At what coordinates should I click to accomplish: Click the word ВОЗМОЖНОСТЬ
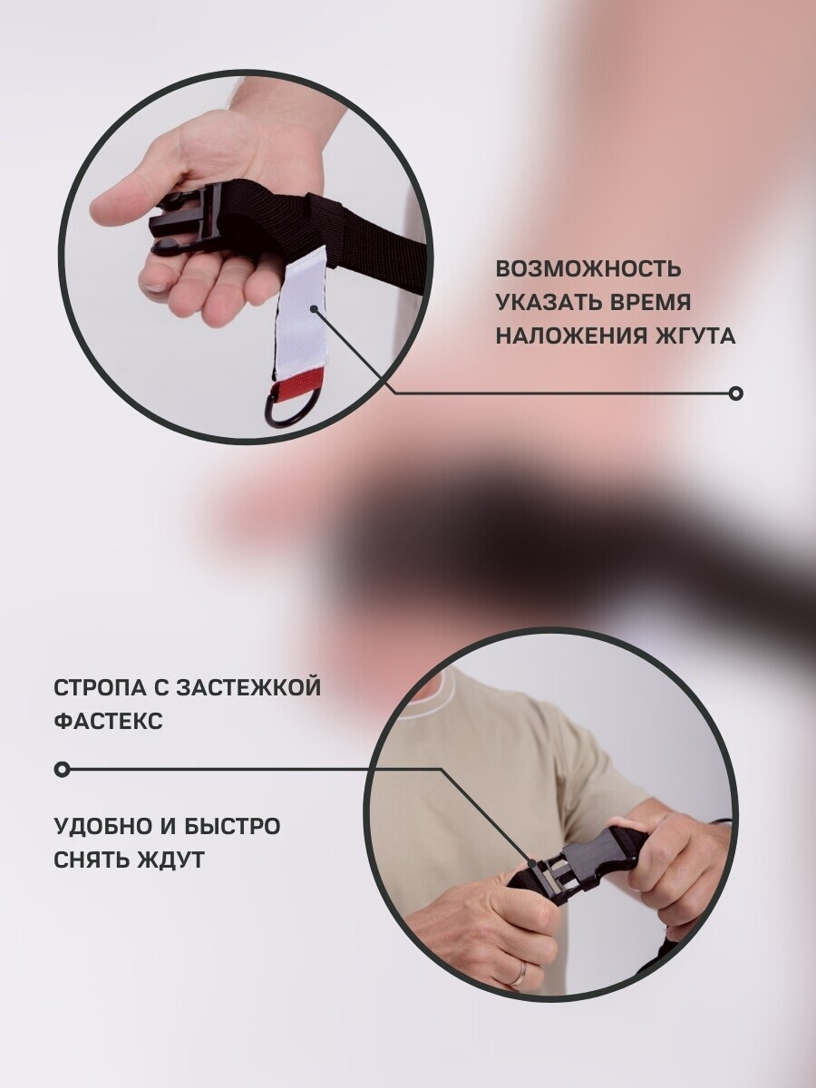pyautogui.click(x=588, y=269)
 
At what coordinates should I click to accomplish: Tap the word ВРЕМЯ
pyautogui.click(x=649, y=303)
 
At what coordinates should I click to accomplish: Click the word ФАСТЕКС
pyautogui.click(x=108, y=722)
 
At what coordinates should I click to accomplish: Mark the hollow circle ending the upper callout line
pyautogui.click(x=736, y=393)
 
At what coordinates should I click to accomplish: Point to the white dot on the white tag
pyautogui.click(x=314, y=309)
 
